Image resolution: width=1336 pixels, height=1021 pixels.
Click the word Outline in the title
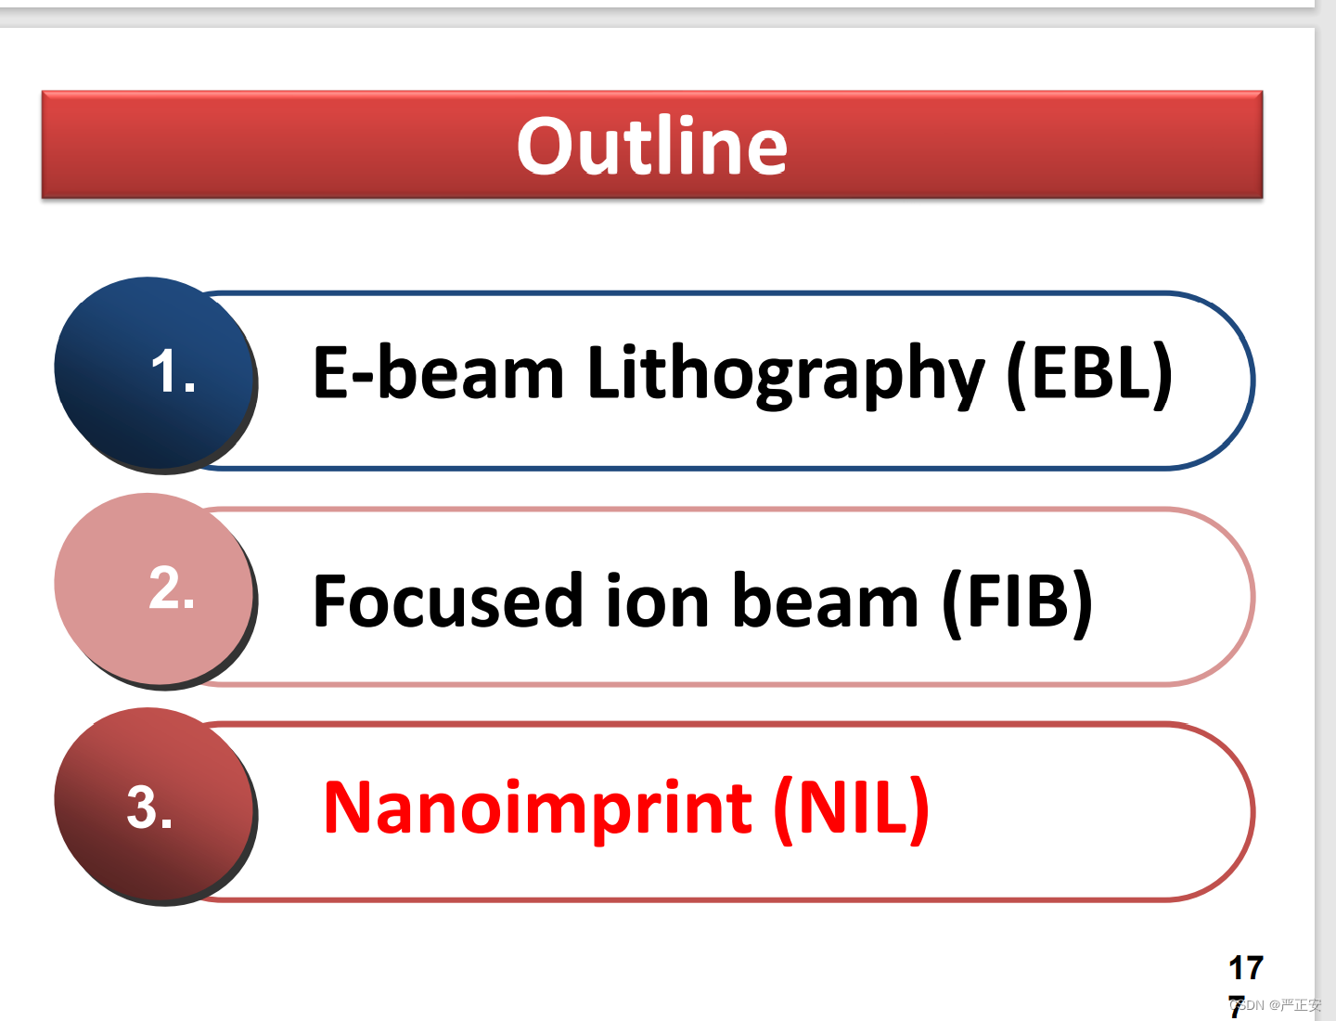pyautogui.click(x=652, y=145)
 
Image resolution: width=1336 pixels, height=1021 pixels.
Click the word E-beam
pyautogui.click(x=438, y=372)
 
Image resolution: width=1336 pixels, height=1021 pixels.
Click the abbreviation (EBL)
pyautogui.click(x=1089, y=374)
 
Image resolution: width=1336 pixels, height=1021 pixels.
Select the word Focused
pyautogui.click(x=447, y=601)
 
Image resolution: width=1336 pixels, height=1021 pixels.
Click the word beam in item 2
pyautogui.click(x=826, y=601)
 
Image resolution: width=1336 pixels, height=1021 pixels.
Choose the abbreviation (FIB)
pyautogui.click(x=1017, y=603)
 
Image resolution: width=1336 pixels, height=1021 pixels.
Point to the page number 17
pyautogui.click(x=1246, y=968)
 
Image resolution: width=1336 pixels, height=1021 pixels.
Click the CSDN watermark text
pyautogui.click(x=1277, y=1005)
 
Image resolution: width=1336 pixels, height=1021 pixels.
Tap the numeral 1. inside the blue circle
pyautogui.click(x=173, y=370)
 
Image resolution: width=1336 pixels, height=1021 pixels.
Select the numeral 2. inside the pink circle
pyautogui.click(x=171, y=587)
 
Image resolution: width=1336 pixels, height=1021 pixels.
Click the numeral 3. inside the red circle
pyautogui.click(x=149, y=807)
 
